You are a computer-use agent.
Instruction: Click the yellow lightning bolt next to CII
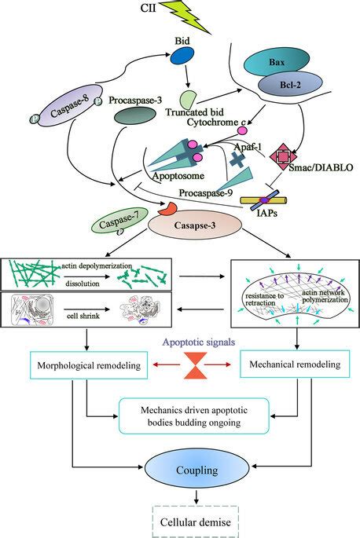point(185,16)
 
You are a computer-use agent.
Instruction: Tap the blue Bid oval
point(182,56)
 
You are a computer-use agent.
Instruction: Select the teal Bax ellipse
point(277,63)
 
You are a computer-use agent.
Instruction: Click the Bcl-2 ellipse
point(290,84)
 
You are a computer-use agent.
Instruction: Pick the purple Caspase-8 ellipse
point(71,105)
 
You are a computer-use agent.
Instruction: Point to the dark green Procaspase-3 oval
point(135,115)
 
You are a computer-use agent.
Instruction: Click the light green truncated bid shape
point(188,100)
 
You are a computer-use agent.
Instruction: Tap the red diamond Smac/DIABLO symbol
point(283,156)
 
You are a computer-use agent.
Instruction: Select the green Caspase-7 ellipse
point(119,221)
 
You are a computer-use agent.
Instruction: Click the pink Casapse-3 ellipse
point(195,225)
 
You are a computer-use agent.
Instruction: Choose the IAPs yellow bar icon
point(264,200)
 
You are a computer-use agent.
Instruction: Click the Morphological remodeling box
point(89,365)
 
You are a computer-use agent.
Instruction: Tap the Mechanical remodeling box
point(295,364)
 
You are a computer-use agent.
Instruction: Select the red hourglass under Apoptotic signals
point(195,365)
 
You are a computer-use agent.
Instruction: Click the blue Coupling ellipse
point(197,470)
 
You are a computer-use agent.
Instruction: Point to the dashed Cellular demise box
point(195,522)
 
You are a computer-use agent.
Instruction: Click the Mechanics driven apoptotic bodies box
point(193,416)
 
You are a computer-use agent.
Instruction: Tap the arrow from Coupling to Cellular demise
point(197,496)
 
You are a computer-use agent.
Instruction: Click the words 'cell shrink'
point(83,316)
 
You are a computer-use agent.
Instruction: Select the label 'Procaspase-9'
point(206,193)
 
